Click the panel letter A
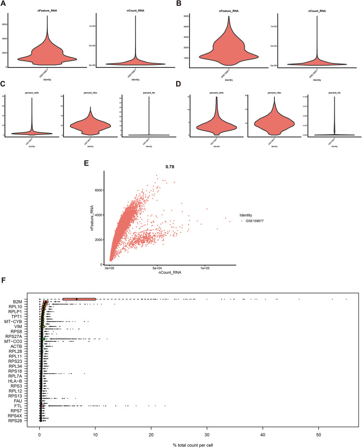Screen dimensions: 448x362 [x=4, y=4]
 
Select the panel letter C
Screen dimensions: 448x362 [x=4, y=84]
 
